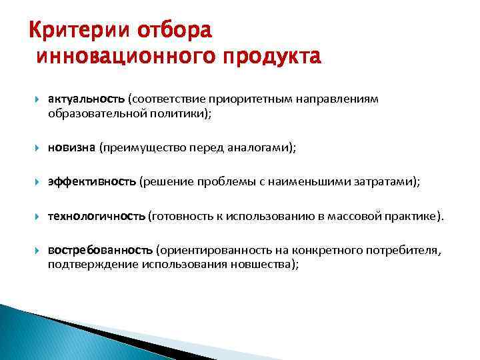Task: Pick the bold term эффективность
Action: (x=91, y=181)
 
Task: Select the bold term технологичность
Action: (x=96, y=216)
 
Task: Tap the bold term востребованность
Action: (x=101, y=250)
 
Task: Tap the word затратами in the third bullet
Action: (x=388, y=181)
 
